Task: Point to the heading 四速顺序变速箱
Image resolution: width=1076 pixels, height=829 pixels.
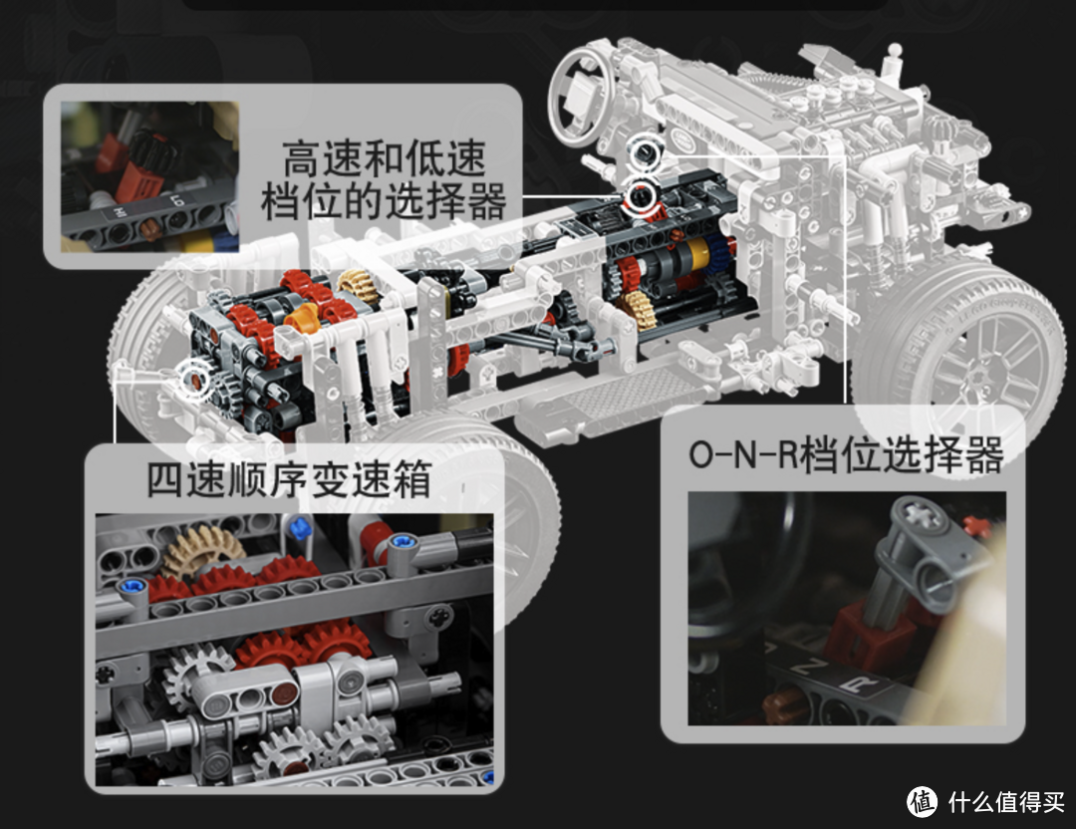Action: coord(289,479)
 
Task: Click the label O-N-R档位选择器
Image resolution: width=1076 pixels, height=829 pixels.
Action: coord(846,454)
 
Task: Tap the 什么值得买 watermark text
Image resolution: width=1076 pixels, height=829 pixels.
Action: coord(1006,801)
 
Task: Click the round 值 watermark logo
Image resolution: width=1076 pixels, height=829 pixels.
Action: coord(923,801)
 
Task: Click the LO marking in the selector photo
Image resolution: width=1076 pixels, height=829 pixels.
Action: coord(177,201)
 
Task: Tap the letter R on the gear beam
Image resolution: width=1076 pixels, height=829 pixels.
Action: coord(863,683)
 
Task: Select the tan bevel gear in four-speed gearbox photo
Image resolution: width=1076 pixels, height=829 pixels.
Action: coord(203,550)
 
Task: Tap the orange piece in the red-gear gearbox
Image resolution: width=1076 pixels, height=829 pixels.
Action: coord(301,318)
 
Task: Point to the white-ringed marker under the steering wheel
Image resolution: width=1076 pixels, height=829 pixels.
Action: coord(646,153)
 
